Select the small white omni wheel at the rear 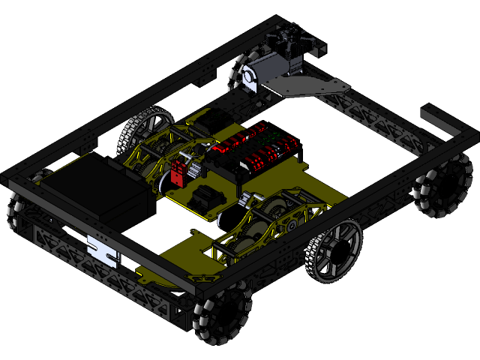pyautogui.click(x=241, y=77)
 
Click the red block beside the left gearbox pyautogui.click(x=179, y=172)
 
